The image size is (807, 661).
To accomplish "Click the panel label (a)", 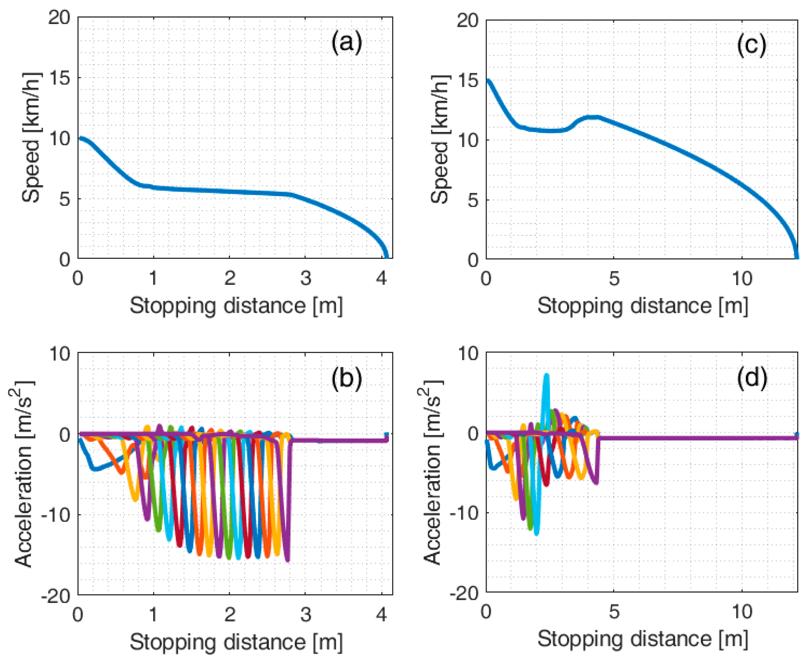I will coord(346,43).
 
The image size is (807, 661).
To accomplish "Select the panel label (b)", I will coord(346,379).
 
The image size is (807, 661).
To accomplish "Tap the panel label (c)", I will coord(751,46).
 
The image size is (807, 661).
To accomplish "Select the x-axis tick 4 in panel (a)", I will coord(381,279).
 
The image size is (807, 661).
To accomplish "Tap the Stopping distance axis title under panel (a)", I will coord(236,306).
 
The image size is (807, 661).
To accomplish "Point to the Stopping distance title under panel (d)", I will coord(643,639).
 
